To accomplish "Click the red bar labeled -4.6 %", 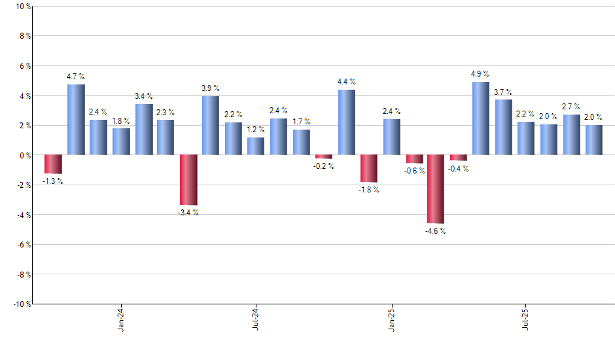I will (436, 189).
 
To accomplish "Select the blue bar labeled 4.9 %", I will (481, 118).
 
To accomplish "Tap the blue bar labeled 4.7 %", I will (76, 120).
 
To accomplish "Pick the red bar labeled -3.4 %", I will (188, 180).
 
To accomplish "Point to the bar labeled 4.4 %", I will (347, 122).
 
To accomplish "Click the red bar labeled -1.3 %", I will (54, 164).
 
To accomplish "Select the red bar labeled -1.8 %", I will (369, 168).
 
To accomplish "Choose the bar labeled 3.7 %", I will (503, 128).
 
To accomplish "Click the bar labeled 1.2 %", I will (256, 146).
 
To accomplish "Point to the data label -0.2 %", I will (324, 166).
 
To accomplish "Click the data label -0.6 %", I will (414, 171).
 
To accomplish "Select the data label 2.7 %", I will (571, 107).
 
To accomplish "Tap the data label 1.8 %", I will (121, 120).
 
